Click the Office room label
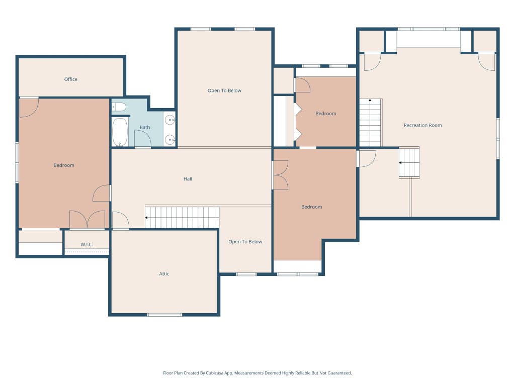coord(70,79)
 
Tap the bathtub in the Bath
coord(120,132)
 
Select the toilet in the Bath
coord(119,107)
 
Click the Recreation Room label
coord(422,125)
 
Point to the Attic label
coord(164,274)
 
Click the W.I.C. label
coord(87,245)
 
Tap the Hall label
coord(188,179)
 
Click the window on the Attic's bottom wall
coord(164,315)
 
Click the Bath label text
coord(145,127)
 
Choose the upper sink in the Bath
coord(170,120)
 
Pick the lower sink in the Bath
coord(170,140)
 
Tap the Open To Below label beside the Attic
coord(245,242)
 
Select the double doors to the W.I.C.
coord(87,220)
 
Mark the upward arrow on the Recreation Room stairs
coord(370,100)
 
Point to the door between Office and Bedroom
coord(29,108)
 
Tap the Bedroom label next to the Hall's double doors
coord(312,207)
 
